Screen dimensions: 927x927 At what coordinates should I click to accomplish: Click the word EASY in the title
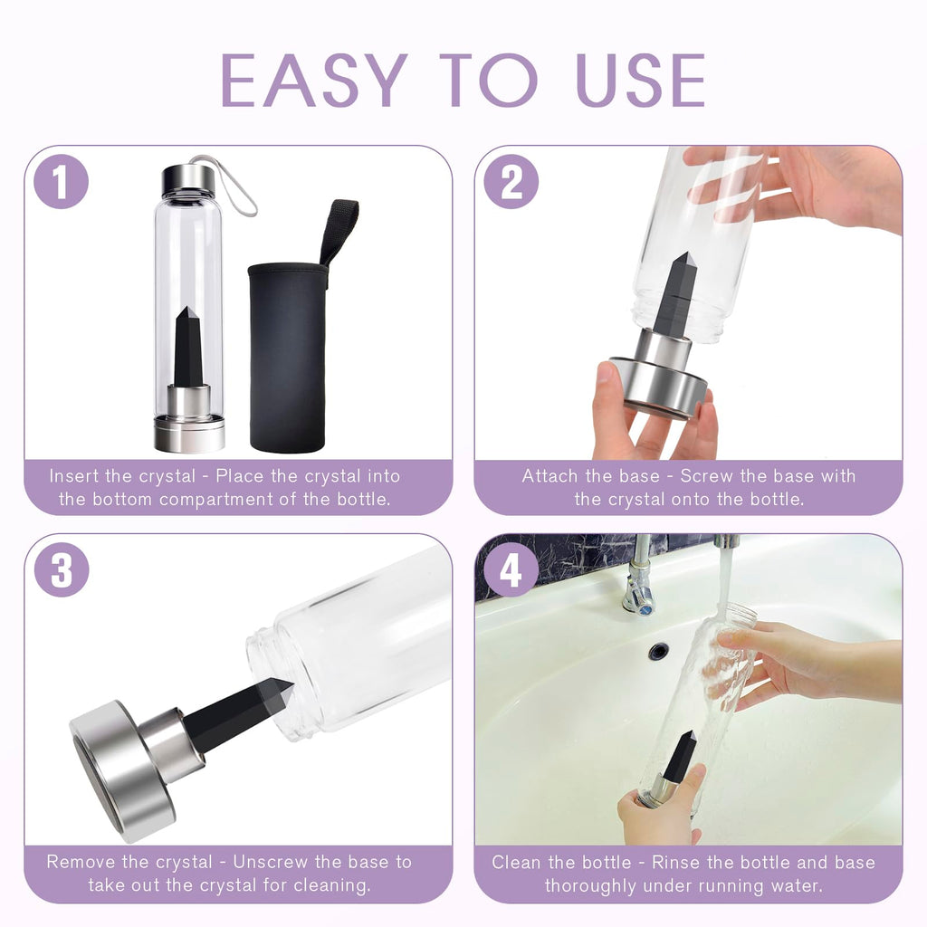pos(313,81)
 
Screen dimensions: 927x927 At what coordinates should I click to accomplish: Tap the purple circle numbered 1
pos(62,181)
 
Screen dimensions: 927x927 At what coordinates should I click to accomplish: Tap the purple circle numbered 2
pos(511,181)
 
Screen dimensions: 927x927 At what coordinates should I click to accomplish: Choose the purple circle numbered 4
pos(511,570)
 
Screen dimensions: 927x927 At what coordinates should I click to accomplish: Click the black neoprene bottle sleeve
pos(288,362)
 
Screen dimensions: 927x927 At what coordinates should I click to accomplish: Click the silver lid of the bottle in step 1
pos(188,180)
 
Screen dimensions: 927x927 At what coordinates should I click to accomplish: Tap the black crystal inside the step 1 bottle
pos(188,349)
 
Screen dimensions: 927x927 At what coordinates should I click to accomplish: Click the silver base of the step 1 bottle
pos(189,432)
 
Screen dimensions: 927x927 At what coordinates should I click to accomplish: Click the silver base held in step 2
pos(658,386)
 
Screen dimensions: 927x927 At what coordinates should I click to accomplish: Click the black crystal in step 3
pos(240,715)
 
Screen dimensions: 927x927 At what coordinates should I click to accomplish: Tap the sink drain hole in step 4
pos(658,651)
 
